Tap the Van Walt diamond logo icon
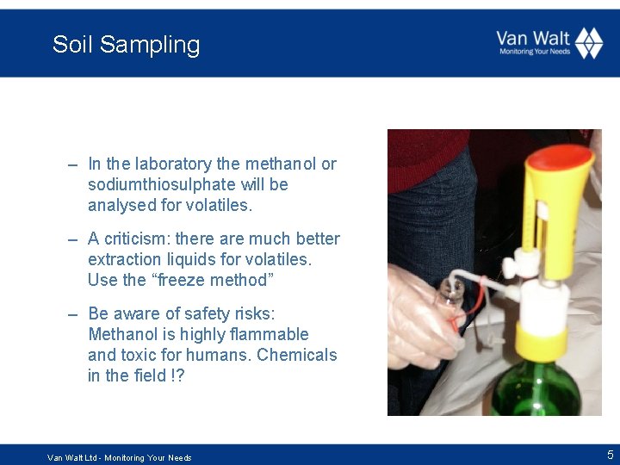pyautogui.click(x=589, y=43)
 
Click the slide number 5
pyautogui.click(x=610, y=455)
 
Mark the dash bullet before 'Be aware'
pyautogui.click(x=74, y=314)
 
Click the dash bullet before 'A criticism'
pyautogui.click(x=74, y=239)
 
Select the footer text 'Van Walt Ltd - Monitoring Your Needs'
pyautogui.click(x=120, y=457)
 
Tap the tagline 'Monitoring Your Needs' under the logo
pyautogui.click(x=535, y=52)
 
